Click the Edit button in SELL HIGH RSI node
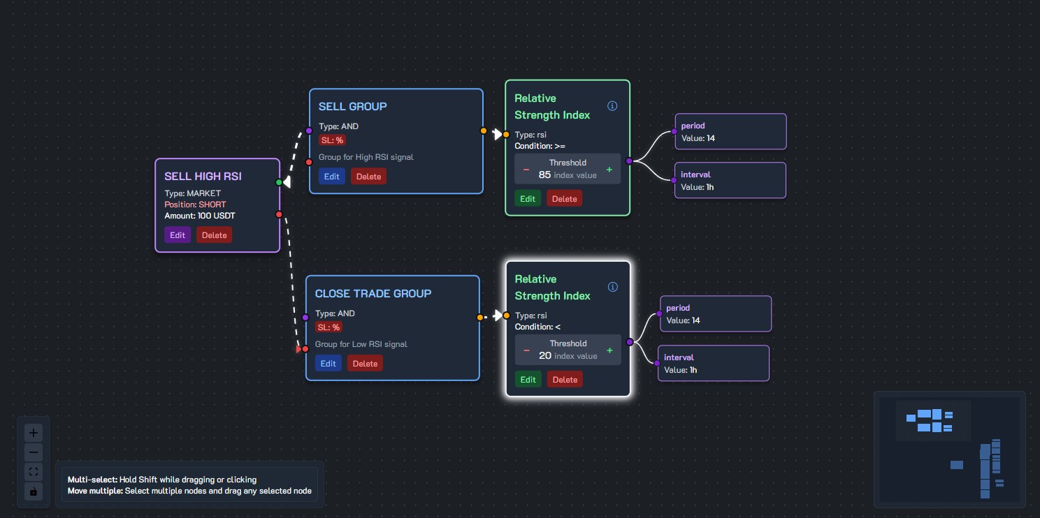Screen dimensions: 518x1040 coord(178,235)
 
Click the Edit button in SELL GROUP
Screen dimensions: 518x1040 coord(331,177)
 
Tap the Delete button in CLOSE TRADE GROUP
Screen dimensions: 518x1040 coord(365,364)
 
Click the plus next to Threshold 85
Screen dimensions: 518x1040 coord(609,170)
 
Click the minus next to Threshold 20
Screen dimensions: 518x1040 coord(527,350)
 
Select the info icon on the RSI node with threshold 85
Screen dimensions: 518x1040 coord(612,106)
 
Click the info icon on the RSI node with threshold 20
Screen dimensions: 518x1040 coord(612,287)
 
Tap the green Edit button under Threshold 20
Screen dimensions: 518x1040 coord(528,380)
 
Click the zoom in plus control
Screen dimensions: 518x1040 coord(34,433)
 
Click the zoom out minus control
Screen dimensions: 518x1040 coord(34,452)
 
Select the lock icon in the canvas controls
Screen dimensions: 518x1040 coord(34,491)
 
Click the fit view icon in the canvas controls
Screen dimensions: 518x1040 coord(34,472)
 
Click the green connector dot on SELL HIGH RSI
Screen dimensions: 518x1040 coord(279,182)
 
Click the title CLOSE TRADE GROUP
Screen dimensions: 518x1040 coord(373,293)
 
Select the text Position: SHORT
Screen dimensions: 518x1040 coord(195,205)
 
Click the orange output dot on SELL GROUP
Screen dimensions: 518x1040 coord(483,131)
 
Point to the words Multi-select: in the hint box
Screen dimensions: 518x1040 coord(92,480)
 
